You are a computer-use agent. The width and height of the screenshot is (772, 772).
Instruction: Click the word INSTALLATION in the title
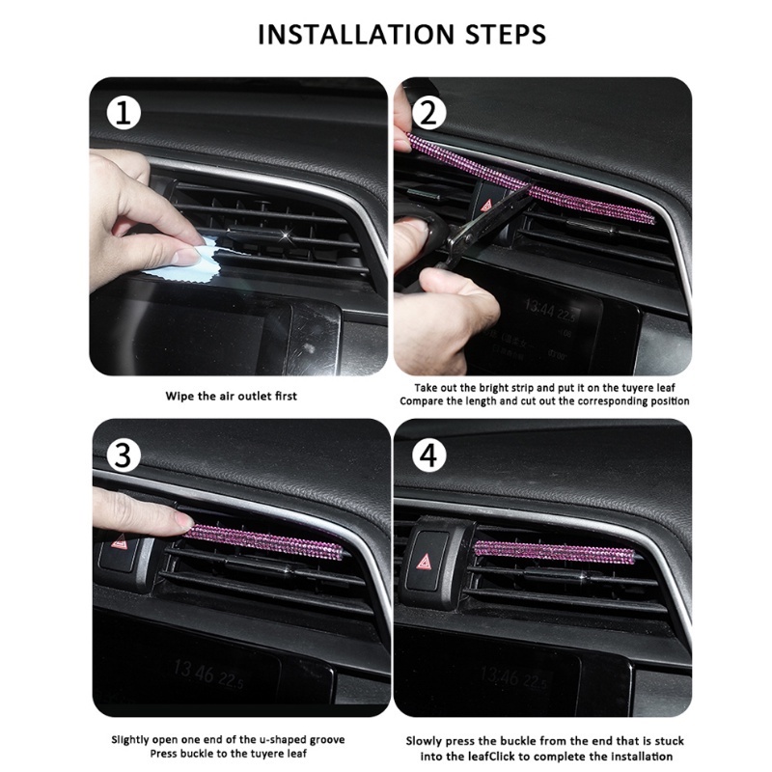(356, 34)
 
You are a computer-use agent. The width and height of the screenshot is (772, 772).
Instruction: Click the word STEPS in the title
(506, 34)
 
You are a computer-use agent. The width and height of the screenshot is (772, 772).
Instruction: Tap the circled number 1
(124, 114)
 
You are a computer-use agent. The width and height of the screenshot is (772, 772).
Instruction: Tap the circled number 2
(428, 113)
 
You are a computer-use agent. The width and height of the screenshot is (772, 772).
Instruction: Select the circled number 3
(123, 455)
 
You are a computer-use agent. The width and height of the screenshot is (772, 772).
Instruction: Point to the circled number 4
(428, 455)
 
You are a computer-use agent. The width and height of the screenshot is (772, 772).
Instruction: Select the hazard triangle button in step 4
(425, 561)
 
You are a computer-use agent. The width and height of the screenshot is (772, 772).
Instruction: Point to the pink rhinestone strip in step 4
(554, 550)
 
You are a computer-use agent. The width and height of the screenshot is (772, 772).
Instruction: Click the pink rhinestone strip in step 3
(266, 542)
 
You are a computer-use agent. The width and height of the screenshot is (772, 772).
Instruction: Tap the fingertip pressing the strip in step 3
(181, 521)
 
